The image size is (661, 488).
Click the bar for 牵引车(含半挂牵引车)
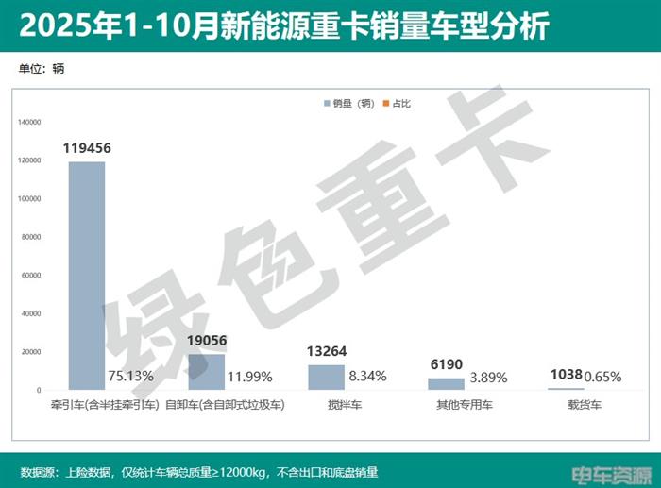tap(87, 276)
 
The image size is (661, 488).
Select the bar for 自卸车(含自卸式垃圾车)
tap(207, 372)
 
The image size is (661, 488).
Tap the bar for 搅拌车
tap(327, 378)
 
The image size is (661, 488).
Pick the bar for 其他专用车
tap(447, 384)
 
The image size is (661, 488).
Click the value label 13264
tap(327, 351)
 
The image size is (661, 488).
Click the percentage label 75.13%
tap(129, 377)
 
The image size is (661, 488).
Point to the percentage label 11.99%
tap(249, 377)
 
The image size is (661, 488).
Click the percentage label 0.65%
tap(604, 377)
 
